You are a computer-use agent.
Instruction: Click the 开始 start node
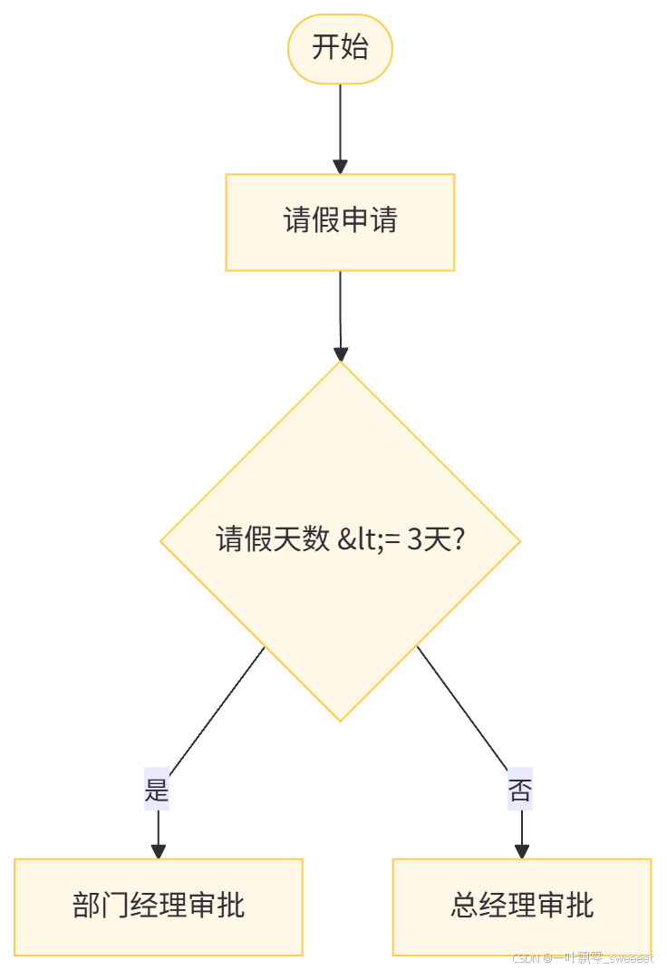point(340,48)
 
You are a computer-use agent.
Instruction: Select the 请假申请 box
point(340,222)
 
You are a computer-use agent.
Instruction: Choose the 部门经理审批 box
point(158,907)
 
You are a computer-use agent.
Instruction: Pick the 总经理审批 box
point(521,907)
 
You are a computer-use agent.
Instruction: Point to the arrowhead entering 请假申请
point(340,167)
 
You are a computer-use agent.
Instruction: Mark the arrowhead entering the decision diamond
point(340,354)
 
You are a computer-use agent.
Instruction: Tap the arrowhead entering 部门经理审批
point(158,851)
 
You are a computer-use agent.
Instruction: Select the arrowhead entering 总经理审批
point(521,851)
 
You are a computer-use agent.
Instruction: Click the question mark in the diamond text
point(459,541)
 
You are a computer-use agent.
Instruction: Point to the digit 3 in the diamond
point(415,541)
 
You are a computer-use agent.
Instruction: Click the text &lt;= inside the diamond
point(368,541)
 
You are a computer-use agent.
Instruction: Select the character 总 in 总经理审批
point(464,906)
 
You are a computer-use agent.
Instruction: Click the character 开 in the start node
point(325,48)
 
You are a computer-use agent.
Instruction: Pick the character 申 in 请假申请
point(354,221)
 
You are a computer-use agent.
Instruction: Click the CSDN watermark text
point(581,957)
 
